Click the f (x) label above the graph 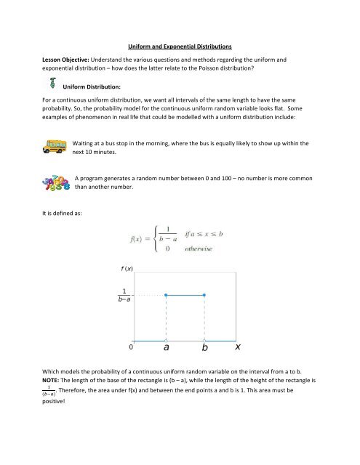pyautogui.click(x=118, y=268)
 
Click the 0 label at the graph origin pyautogui.click(x=131, y=347)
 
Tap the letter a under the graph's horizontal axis pyautogui.click(x=167, y=349)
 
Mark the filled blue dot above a pyautogui.click(x=167, y=295)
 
